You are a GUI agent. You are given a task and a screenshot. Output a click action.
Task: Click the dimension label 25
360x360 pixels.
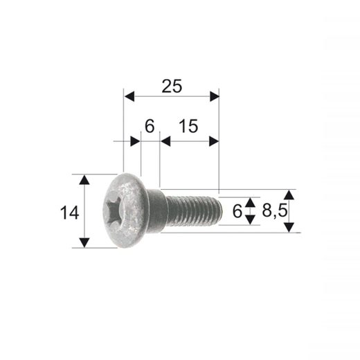pyautogui.click(x=172, y=86)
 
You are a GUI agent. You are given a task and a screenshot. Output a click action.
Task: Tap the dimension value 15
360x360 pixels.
pyautogui.click(x=188, y=126)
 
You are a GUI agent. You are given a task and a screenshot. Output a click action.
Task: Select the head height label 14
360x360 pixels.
pyautogui.click(x=69, y=213)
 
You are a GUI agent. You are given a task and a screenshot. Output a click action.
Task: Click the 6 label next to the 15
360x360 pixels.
pyautogui.click(x=149, y=126)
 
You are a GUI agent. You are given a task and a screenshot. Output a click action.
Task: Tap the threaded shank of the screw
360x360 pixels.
pyautogui.click(x=192, y=210)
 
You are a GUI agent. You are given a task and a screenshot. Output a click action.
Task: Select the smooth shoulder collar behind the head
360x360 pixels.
pyautogui.click(x=156, y=210)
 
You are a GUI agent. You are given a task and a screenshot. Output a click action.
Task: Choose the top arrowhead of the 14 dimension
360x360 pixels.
pyautogui.click(x=84, y=180)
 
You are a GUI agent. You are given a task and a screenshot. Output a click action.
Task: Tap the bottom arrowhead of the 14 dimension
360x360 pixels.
pyautogui.click(x=84, y=242)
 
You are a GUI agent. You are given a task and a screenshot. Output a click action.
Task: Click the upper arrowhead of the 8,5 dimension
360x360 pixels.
pyautogui.click(x=289, y=195)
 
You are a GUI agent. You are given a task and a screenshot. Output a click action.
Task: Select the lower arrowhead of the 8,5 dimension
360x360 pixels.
pyautogui.click(x=289, y=227)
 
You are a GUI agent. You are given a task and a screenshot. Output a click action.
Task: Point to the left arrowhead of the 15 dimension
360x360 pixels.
pyautogui.click(x=165, y=141)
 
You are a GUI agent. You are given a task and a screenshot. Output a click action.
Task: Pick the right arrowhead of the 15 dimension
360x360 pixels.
pyautogui.click(x=214, y=141)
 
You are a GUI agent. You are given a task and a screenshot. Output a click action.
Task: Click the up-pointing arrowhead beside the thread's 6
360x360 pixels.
pyautogui.click(x=251, y=201)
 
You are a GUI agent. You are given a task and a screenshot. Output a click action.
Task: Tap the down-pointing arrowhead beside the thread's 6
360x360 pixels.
pyautogui.click(x=251, y=220)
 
